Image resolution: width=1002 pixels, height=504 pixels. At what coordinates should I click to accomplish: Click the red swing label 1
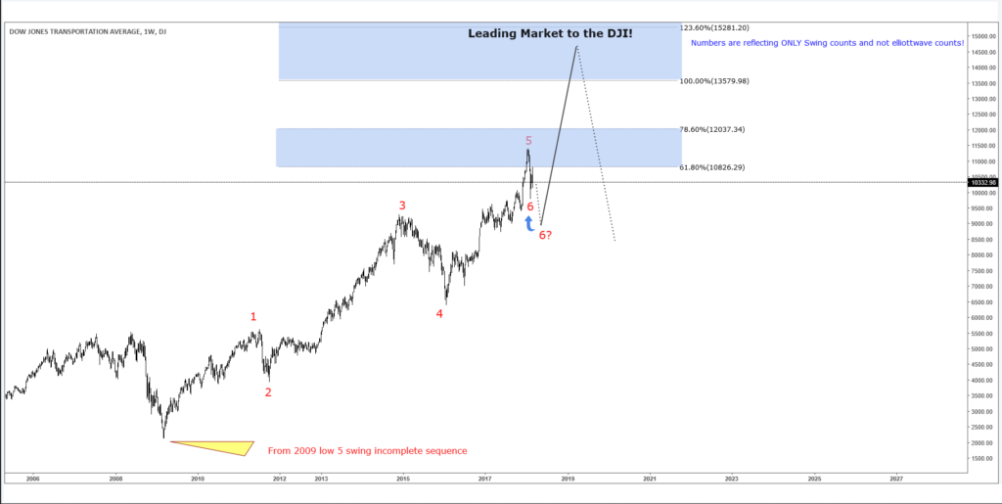coord(253,316)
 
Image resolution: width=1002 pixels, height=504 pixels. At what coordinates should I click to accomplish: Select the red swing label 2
coord(268,392)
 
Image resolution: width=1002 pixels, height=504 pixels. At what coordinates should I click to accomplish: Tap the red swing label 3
coord(401,206)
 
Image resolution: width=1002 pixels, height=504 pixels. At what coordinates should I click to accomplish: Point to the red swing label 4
coord(439,314)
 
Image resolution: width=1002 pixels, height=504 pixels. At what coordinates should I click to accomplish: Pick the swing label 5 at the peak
coord(528,141)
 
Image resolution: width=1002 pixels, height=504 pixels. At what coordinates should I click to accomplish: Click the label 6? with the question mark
coord(545,236)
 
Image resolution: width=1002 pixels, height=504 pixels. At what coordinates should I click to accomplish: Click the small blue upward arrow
coord(529,224)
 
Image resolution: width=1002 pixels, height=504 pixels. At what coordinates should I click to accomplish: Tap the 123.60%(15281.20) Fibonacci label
coord(713,28)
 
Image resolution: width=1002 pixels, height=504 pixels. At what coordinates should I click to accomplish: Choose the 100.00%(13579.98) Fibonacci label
coord(713,81)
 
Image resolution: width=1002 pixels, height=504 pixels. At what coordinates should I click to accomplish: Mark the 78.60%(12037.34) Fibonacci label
coord(711,129)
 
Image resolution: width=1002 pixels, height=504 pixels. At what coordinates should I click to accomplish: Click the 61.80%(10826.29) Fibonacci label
coord(711,167)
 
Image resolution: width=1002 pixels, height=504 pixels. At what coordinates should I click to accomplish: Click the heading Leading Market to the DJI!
coord(550,33)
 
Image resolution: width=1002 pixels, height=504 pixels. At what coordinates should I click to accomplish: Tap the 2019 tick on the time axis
coord(567,479)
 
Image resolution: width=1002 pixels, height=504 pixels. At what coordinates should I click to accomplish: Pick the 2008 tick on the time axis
coord(115,479)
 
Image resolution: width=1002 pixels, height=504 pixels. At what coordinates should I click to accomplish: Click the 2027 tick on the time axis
coord(896,479)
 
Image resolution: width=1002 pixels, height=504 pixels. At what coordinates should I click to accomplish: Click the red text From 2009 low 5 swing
coord(367,451)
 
